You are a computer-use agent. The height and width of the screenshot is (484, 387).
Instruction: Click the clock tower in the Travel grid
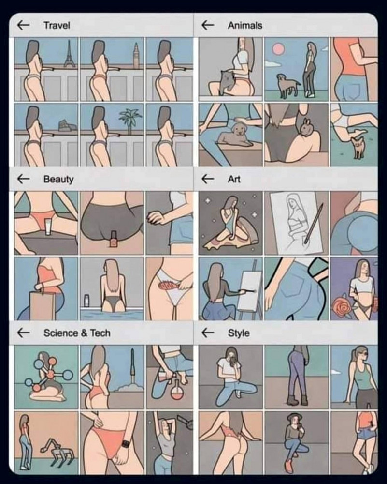click(135, 56)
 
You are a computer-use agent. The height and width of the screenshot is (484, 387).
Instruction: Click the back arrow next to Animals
click(208, 25)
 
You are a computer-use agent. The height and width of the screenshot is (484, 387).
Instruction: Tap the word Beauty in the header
click(58, 179)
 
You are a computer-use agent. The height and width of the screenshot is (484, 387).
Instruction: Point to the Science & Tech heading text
click(77, 333)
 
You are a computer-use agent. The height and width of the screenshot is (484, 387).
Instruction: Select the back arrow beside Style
click(208, 333)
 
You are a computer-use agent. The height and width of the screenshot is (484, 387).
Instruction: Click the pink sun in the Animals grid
click(278, 49)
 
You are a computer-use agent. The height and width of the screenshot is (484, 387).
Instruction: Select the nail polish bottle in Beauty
click(113, 240)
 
